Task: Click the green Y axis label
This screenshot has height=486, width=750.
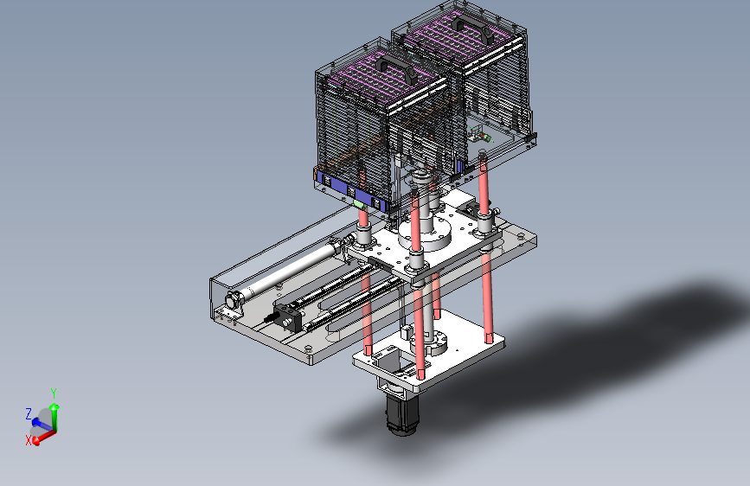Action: [x=54, y=393]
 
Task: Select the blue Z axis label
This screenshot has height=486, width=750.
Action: [x=29, y=413]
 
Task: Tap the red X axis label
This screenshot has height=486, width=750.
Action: [x=28, y=440]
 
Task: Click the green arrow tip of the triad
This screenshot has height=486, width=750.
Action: [x=54, y=405]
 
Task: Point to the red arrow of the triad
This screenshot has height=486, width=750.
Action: [x=45, y=433]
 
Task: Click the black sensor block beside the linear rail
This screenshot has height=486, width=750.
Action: [x=287, y=317]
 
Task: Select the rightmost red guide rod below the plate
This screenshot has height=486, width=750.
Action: [x=489, y=294]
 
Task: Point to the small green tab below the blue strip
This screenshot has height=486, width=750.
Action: [x=359, y=204]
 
